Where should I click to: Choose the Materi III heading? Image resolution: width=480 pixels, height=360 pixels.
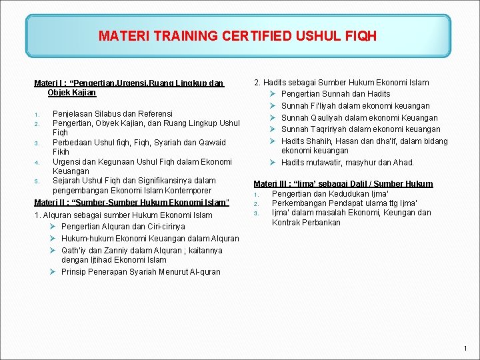point(343,183)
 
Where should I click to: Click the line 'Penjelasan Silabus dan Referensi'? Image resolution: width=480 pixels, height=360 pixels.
point(112,113)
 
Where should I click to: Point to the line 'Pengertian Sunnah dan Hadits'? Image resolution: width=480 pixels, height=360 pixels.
point(335,94)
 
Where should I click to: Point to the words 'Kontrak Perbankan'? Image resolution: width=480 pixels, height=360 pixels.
point(306,223)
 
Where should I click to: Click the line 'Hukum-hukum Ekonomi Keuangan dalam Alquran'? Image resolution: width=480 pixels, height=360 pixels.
point(150,238)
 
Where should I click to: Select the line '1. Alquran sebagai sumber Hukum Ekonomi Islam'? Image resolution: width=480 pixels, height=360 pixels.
point(123,215)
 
